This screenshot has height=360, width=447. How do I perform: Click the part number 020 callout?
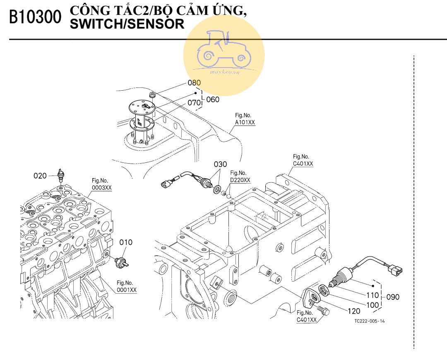pyautogui.click(x=40, y=176)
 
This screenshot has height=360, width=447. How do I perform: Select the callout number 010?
pyautogui.click(x=126, y=242)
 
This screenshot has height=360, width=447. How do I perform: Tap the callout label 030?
pyautogui.click(x=220, y=164)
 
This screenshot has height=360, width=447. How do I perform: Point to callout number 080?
pyautogui.click(x=194, y=82)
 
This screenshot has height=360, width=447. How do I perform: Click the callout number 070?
pyautogui.click(x=194, y=101)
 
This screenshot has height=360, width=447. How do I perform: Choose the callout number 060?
pyautogui.click(x=213, y=99)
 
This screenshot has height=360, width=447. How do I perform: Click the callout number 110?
pyautogui.click(x=373, y=295)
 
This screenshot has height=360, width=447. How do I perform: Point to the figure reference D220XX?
pyautogui.click(x=240, y=180)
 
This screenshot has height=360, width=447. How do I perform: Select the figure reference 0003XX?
pyautogui.click(x=101, y=187)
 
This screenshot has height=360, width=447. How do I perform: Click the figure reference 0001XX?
pyautogui.click(x=126, y=290)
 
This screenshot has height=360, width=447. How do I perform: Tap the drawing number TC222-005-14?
pyautogui.click(x=369, y=321)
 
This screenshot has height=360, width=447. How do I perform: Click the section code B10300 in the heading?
pyautogui.click(x=35, y=17)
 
